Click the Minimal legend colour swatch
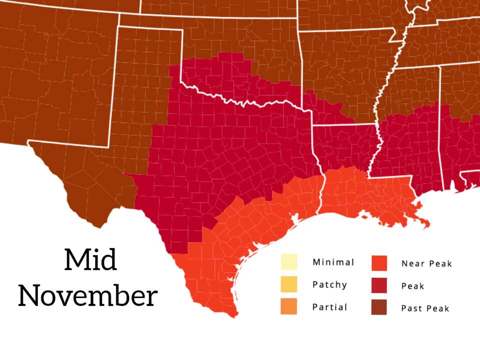click(288, 262)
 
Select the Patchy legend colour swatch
click(288, 284)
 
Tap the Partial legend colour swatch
click(288, 306)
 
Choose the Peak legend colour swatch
click(379, 285)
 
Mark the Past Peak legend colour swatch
click(379, 307)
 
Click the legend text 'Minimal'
click(333, 262)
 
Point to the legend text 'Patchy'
click(329, 285)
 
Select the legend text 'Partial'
click(329, 307)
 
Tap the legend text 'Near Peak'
click(426, 263)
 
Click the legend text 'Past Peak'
click(425, 308)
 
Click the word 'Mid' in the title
click(90, 260)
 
